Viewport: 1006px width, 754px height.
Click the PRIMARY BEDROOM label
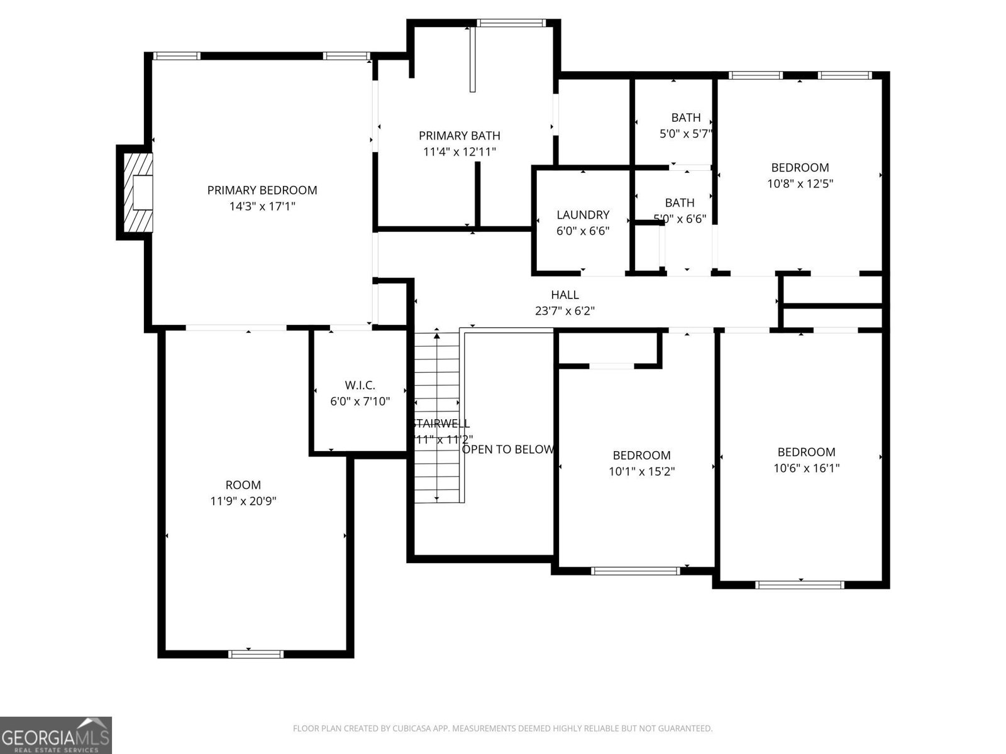(262, 190)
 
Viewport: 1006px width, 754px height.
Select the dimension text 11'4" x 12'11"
(459, 151)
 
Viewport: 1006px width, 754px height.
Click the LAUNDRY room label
(582, 215)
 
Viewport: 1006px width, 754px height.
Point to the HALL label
(565, 295)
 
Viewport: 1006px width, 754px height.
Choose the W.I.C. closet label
(360, 385)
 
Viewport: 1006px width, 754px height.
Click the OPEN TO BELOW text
(508, 449)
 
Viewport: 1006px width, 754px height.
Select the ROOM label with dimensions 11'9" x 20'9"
(243, 485)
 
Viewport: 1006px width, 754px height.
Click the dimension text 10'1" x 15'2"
(641, 471)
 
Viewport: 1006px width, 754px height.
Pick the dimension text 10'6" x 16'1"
(806, 468)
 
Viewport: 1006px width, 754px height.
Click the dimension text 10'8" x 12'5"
(800, 183)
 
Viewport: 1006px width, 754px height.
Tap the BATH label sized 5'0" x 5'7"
(685, 117)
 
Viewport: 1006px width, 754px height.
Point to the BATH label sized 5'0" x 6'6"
(680, 202)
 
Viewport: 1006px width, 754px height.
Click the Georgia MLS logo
(55, 735)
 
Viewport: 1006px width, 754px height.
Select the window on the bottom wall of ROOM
(255, 654)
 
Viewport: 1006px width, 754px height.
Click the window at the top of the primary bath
(510, 23)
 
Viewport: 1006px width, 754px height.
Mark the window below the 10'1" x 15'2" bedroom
(636, 571)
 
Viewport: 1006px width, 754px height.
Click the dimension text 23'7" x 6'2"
(565, 310)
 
